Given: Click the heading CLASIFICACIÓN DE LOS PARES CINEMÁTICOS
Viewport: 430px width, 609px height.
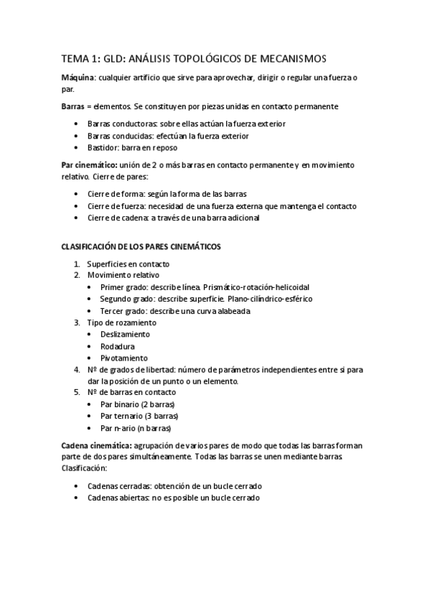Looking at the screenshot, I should (141, 246).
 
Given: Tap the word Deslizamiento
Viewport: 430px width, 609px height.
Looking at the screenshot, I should (126, 334).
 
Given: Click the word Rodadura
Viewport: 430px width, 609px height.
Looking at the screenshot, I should (118, 346).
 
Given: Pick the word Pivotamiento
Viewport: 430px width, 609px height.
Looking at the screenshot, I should (124, 358).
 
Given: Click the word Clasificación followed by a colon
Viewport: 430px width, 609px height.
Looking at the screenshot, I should (84, 468).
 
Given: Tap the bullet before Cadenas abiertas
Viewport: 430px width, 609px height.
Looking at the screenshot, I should (76, 498).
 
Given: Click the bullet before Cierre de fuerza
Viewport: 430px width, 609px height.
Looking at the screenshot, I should (76, 206).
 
